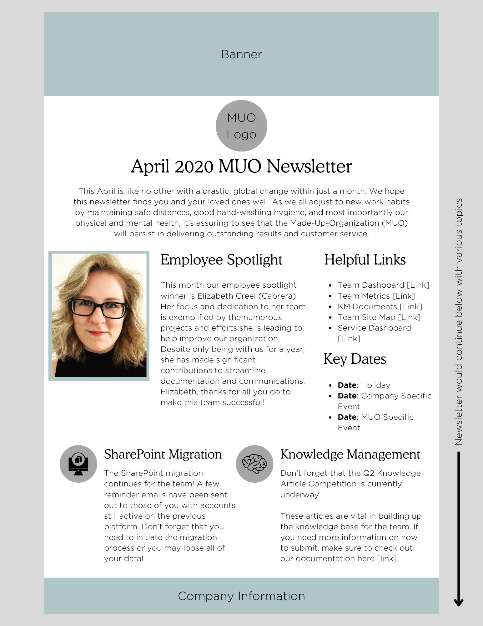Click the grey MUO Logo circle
[241, 126]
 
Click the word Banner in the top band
[241, 54]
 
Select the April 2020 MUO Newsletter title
[241, 166]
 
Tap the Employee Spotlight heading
[221, 260]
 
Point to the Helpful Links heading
[365, 260]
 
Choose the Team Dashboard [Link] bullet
[383, 285]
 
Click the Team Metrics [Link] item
[376, 296]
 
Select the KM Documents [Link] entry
[380, 306]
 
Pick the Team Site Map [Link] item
[379, 317]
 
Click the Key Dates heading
[355, 359]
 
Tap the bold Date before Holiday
[347, 385]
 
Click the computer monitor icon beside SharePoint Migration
[78, 464]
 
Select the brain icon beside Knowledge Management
[255, 464]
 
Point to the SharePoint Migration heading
[163, 454]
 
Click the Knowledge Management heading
[350, 454]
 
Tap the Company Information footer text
[241, 596]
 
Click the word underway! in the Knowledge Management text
[300, 495]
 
